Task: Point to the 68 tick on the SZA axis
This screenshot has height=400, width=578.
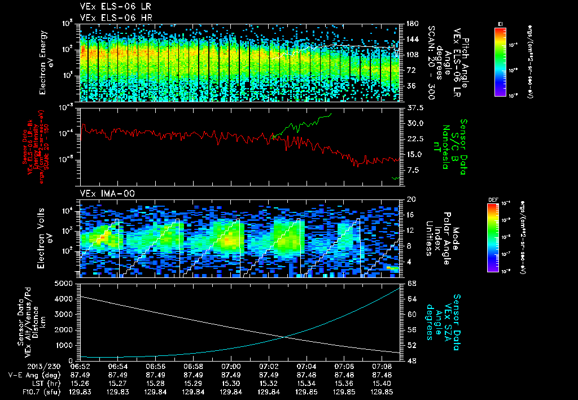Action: click(x=411, y=283)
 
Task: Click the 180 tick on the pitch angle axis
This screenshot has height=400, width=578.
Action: click(x=411, y=24)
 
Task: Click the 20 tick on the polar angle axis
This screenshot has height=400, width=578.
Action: click(x=411, y=199)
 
